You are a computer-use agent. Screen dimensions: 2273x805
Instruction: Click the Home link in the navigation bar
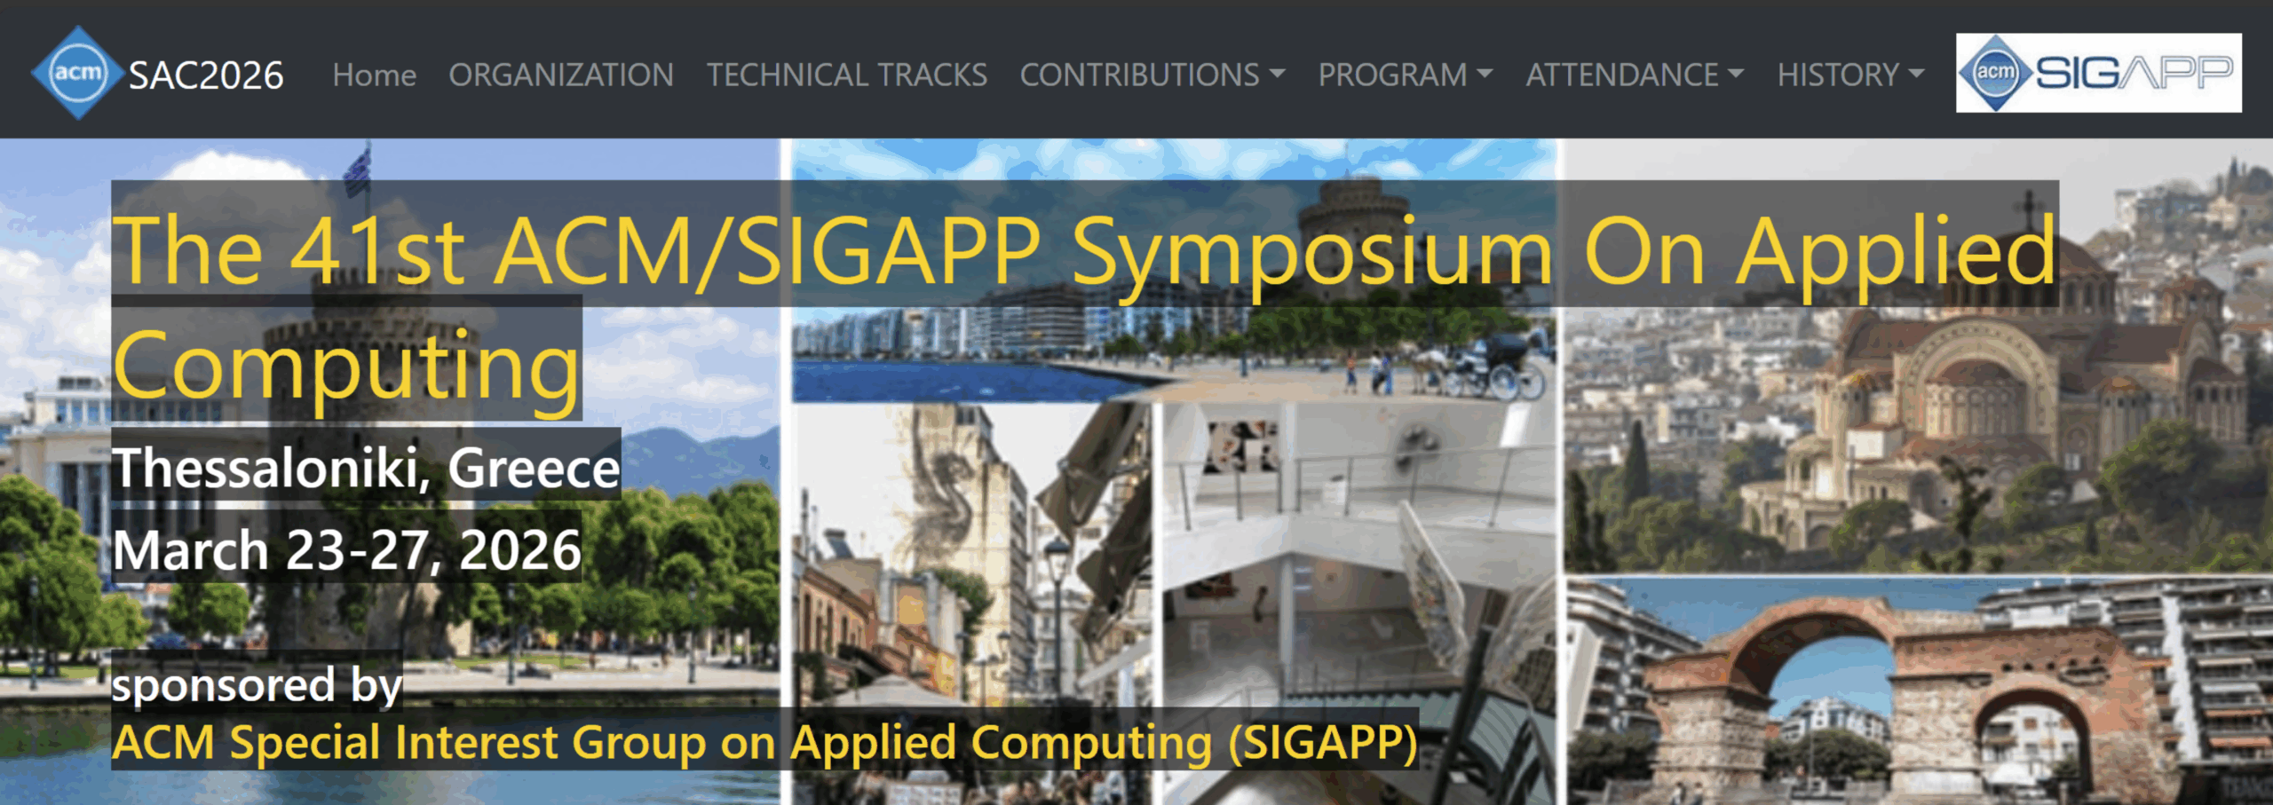click(374, 75)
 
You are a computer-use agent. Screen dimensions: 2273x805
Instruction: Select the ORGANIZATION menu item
click(560, 75)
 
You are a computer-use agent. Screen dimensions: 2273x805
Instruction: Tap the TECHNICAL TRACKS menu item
click(846, 75)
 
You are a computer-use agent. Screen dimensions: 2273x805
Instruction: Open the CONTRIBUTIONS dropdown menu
click(1152, 75)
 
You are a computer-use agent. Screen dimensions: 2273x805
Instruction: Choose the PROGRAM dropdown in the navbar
click(1405, 75)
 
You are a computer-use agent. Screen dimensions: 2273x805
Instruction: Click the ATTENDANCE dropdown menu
click(1635, 75)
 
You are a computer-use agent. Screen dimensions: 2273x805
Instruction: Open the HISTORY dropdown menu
click(1850, 75)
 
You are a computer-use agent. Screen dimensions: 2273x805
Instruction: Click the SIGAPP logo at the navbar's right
click(2098, 73)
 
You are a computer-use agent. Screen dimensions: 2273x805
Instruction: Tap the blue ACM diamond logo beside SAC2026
click(77, 73)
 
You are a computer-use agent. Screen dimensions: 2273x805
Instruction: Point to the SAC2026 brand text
click(206, 75)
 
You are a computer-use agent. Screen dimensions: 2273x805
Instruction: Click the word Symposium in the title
click(1312, 254)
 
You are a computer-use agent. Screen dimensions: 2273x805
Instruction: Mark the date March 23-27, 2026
click(346, 549)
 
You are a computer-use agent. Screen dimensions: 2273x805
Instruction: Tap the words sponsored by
click(257, 685)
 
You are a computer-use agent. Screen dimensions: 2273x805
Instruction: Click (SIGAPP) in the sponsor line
click(1323, 742)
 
